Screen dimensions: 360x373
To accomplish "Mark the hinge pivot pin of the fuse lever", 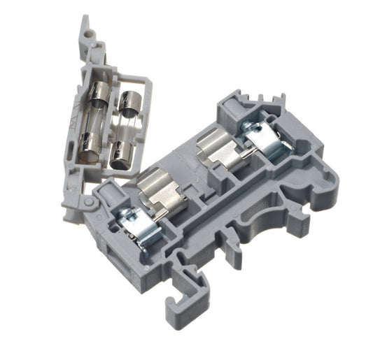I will coord(90,202).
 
